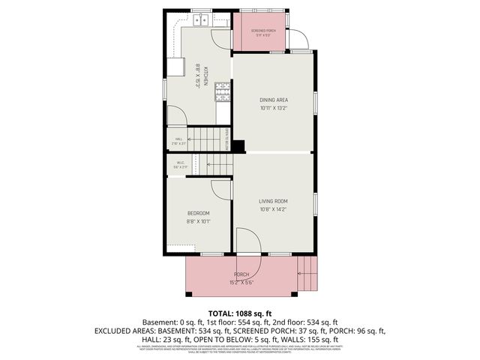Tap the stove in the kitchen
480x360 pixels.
(223, 91)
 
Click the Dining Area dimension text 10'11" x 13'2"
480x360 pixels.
(274, 108)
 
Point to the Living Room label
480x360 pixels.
(274, 201)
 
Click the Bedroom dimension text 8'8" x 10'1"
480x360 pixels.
(199, 221)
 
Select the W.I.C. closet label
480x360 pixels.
(180, 163)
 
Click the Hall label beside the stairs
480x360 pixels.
(179, 139)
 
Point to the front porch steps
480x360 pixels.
(307, 274)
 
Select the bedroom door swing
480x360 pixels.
(220, 189)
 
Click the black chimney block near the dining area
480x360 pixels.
(238, 146)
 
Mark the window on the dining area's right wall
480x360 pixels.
(315, 100)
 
